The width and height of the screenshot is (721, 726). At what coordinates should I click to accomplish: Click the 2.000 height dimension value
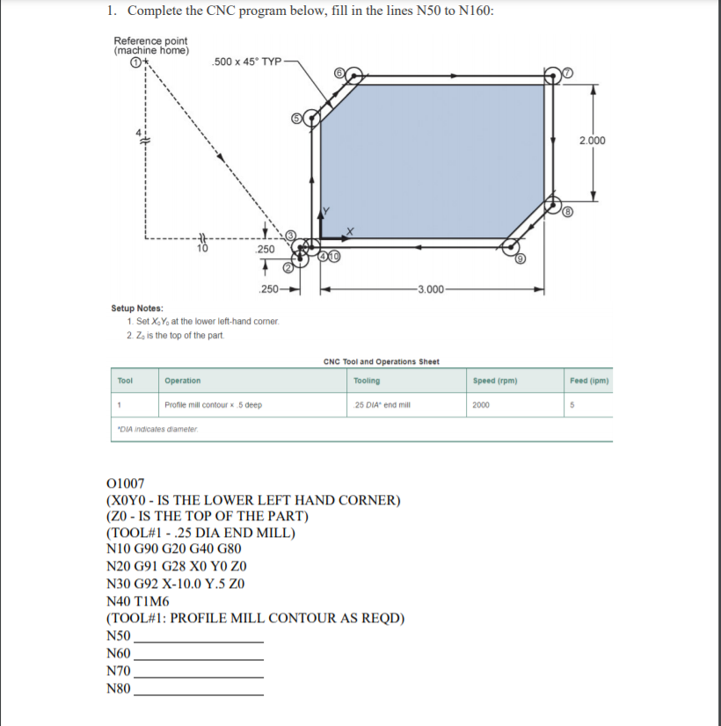593,141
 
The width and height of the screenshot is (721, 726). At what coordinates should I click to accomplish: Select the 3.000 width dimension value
432,288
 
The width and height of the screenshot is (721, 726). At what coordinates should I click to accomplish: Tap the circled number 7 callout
567,73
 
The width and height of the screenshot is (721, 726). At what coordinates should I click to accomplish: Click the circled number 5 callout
297,117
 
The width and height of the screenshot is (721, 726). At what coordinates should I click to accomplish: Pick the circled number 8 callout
568,212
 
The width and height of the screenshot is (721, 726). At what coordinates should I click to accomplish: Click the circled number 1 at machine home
135,62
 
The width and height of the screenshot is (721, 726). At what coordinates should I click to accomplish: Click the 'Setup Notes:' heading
136,309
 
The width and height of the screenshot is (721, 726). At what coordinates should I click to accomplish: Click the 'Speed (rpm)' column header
494,381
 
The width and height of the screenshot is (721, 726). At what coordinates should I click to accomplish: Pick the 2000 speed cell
481,405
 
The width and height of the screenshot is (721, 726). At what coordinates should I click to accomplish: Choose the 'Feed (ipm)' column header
589,381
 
